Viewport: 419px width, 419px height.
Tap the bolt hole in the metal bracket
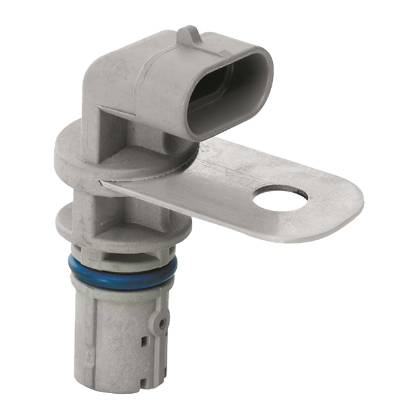pos(280,198)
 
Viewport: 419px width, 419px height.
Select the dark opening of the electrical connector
pos(225,92)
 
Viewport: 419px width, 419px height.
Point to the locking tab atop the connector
pos(188,35)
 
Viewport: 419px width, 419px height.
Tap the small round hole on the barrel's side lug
pos(161,322)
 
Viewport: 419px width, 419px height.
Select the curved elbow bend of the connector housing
pos(102,74)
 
